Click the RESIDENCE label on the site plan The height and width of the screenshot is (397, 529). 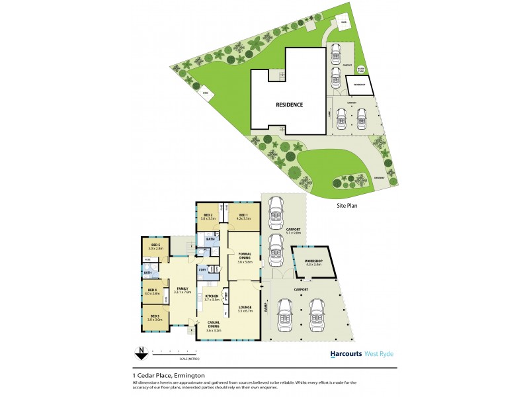point(289,105)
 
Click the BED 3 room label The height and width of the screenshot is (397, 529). point(155,317)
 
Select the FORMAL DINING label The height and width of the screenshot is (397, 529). point(245,259)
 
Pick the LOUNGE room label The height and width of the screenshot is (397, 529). point(245,307)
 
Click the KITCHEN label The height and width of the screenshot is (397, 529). point(212,297)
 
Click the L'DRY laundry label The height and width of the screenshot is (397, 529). point(202,269)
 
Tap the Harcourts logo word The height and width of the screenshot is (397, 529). point(346,354)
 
